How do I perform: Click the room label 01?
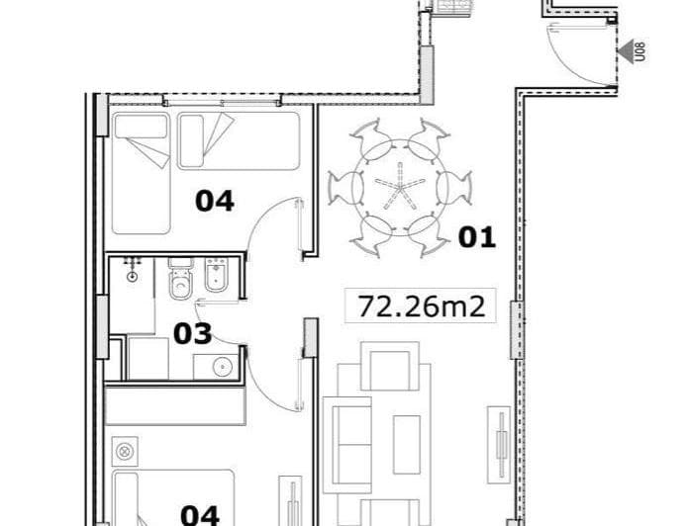coord(476,237)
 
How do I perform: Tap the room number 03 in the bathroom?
coord(192,333)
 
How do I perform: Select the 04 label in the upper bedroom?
coord(214,201)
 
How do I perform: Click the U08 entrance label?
coord(640,50)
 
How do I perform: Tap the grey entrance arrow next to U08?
coord(625,50)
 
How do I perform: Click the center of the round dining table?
coord(399,186)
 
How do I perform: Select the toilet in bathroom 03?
coord(179,283)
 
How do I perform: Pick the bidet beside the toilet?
coord(215,282)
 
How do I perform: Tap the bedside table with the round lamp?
coord(126,450)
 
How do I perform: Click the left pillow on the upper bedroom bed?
coord(141,127)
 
